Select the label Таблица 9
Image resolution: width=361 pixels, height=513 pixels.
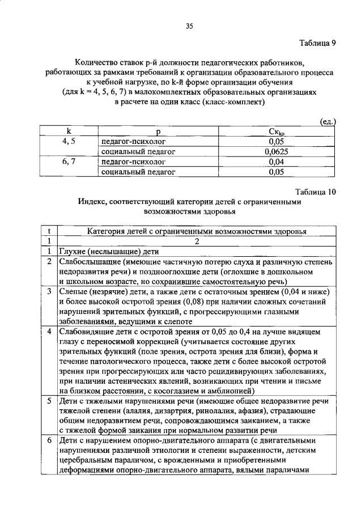point(318,44)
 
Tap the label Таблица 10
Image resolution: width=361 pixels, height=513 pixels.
point(316,192)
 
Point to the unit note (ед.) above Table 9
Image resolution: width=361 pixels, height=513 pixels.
point(326,122)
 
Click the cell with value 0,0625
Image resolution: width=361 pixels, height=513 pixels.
point(276,151)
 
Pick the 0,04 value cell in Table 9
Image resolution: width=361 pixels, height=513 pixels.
point(276,162)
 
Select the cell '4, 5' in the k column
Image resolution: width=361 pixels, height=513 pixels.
point(69,142)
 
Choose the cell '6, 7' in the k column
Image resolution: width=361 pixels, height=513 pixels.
point(69,162)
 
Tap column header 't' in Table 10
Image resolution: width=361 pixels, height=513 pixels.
point(50,231)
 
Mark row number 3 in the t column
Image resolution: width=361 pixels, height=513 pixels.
point(50,291)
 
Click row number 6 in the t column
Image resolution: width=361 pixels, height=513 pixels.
point(50,440)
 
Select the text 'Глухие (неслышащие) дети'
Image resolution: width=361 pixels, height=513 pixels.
point(108,252)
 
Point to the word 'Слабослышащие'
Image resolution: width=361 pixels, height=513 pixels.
point(88,262)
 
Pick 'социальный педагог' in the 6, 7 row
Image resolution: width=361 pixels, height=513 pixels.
point(139,172)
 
